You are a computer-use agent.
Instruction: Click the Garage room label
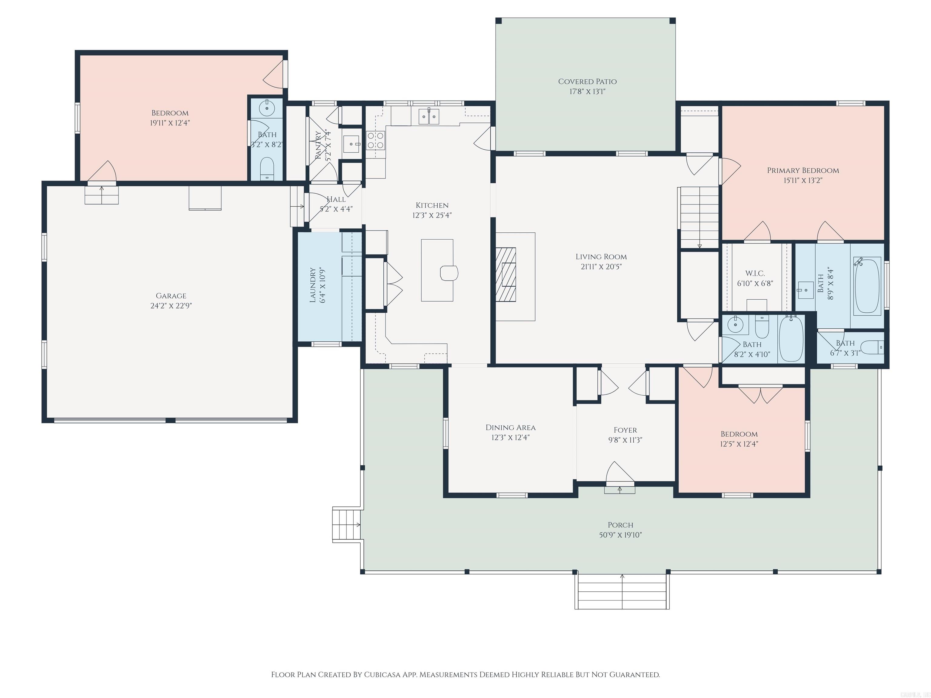171,296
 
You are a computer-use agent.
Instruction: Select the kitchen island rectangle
437,270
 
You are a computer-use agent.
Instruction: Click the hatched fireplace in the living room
506,274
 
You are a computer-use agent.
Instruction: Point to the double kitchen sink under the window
429,117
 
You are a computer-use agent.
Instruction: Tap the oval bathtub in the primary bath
867,286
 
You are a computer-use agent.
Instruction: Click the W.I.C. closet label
755,274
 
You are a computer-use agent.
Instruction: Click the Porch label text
620,525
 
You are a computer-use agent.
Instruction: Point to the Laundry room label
313,285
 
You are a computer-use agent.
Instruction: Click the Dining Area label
511,427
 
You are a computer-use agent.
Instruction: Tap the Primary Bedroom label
803,170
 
